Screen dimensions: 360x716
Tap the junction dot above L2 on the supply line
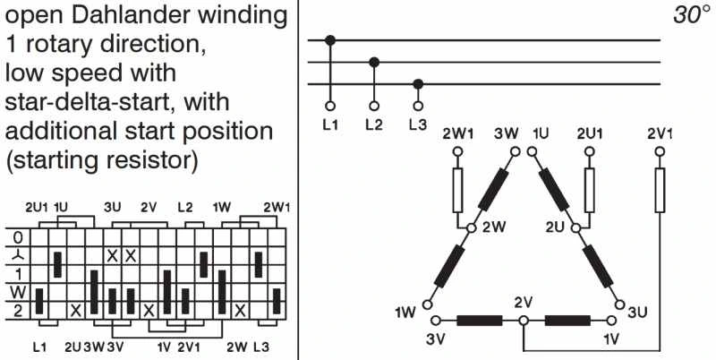[374, 62]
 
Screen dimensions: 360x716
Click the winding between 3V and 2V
[478, 320]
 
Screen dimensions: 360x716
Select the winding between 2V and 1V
[567, 320]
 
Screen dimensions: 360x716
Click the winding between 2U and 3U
[597, 266]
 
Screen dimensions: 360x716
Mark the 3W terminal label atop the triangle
[506, 134]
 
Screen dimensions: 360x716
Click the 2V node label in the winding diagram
[524, 301]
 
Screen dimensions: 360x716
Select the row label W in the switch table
[14, 293]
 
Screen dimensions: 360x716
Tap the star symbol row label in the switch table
[14, 256]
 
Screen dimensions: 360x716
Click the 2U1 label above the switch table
[38, 207]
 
